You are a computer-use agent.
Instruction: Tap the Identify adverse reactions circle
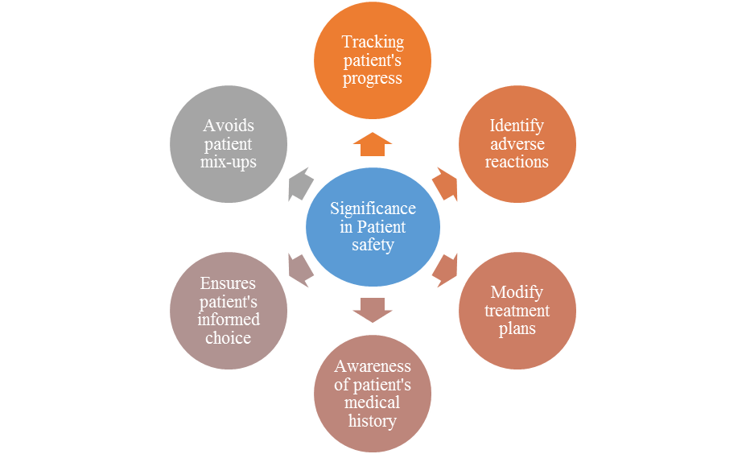click(517, 143)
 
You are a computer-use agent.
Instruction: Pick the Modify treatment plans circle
click(517, 310)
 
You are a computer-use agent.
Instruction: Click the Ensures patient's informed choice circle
click(229, 310)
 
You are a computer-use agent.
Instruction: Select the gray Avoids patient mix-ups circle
click(229, 143)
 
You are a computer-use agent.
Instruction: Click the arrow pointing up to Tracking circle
click(373, 144)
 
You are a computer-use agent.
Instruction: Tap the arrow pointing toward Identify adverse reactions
click(444, 184)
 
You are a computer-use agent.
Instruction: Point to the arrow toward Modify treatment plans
click(444, 270)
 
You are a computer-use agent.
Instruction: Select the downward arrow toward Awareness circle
click(373, 309)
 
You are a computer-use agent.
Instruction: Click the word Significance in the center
click(373, 209)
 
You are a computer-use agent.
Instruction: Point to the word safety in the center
click(373, 245)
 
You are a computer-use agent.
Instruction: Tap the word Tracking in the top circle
click(373, 42)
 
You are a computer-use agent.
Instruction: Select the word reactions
click(517, 162)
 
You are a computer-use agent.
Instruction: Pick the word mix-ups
click(229, 162)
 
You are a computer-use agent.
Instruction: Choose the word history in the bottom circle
click(373, 420)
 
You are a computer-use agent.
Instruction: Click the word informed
click(229, 320)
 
